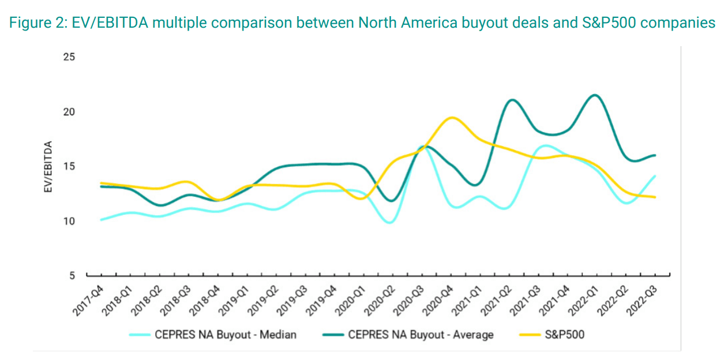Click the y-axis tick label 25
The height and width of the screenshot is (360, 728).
click(x=69, y=57)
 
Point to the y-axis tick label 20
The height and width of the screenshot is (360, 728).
click(x=69, y=112)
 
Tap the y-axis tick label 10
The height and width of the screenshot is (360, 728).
click(x=69, y=221)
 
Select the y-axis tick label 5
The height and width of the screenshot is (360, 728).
click(x=72, y=276)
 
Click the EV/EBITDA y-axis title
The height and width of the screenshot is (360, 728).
click(x=50, y=167)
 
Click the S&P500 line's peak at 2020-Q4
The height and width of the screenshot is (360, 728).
click(x=452, y=117)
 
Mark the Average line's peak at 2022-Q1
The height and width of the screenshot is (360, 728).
click(x=595, y=95)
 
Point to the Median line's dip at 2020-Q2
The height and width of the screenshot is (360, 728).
click(x=391, y=222)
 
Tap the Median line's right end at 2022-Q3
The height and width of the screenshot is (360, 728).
click(x=655, y=176)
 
